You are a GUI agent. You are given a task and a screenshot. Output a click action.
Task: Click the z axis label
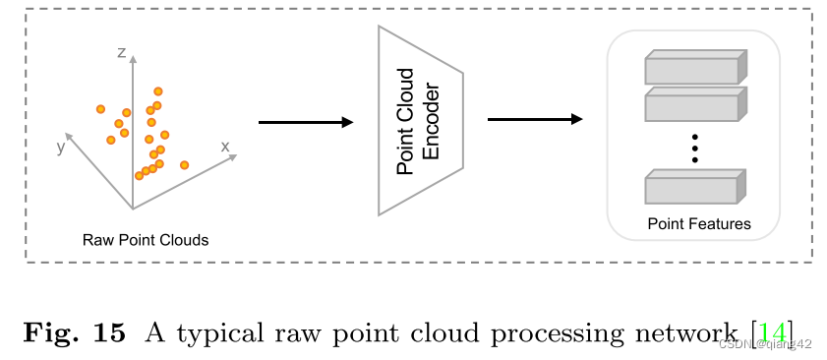tap(122, 53)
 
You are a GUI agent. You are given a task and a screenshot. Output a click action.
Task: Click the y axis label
tap(61, 147)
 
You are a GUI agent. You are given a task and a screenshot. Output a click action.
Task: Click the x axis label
tap(225, 147)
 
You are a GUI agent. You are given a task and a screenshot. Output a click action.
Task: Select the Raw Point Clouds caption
tap(146, 239)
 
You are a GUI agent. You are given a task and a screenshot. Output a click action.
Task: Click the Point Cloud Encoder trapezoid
tap(420, 121)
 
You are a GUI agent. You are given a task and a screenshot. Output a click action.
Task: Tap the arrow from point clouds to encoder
tap(305, 122)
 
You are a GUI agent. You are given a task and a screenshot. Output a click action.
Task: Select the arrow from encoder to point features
tap(534, 120)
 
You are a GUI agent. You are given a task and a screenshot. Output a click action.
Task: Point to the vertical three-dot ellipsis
tap(694, 147)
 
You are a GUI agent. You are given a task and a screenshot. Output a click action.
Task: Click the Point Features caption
tap(698, 224)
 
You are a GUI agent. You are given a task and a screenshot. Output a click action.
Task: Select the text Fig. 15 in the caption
tap(75, 332)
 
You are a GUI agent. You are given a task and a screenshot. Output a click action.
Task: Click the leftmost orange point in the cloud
tap(100, 109)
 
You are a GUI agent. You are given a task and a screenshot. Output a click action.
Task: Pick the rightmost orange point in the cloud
tap(185, 164)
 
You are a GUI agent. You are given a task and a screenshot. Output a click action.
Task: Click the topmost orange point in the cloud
tap(157, 91)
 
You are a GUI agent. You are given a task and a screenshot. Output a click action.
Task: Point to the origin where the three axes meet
tap(133, 209)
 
